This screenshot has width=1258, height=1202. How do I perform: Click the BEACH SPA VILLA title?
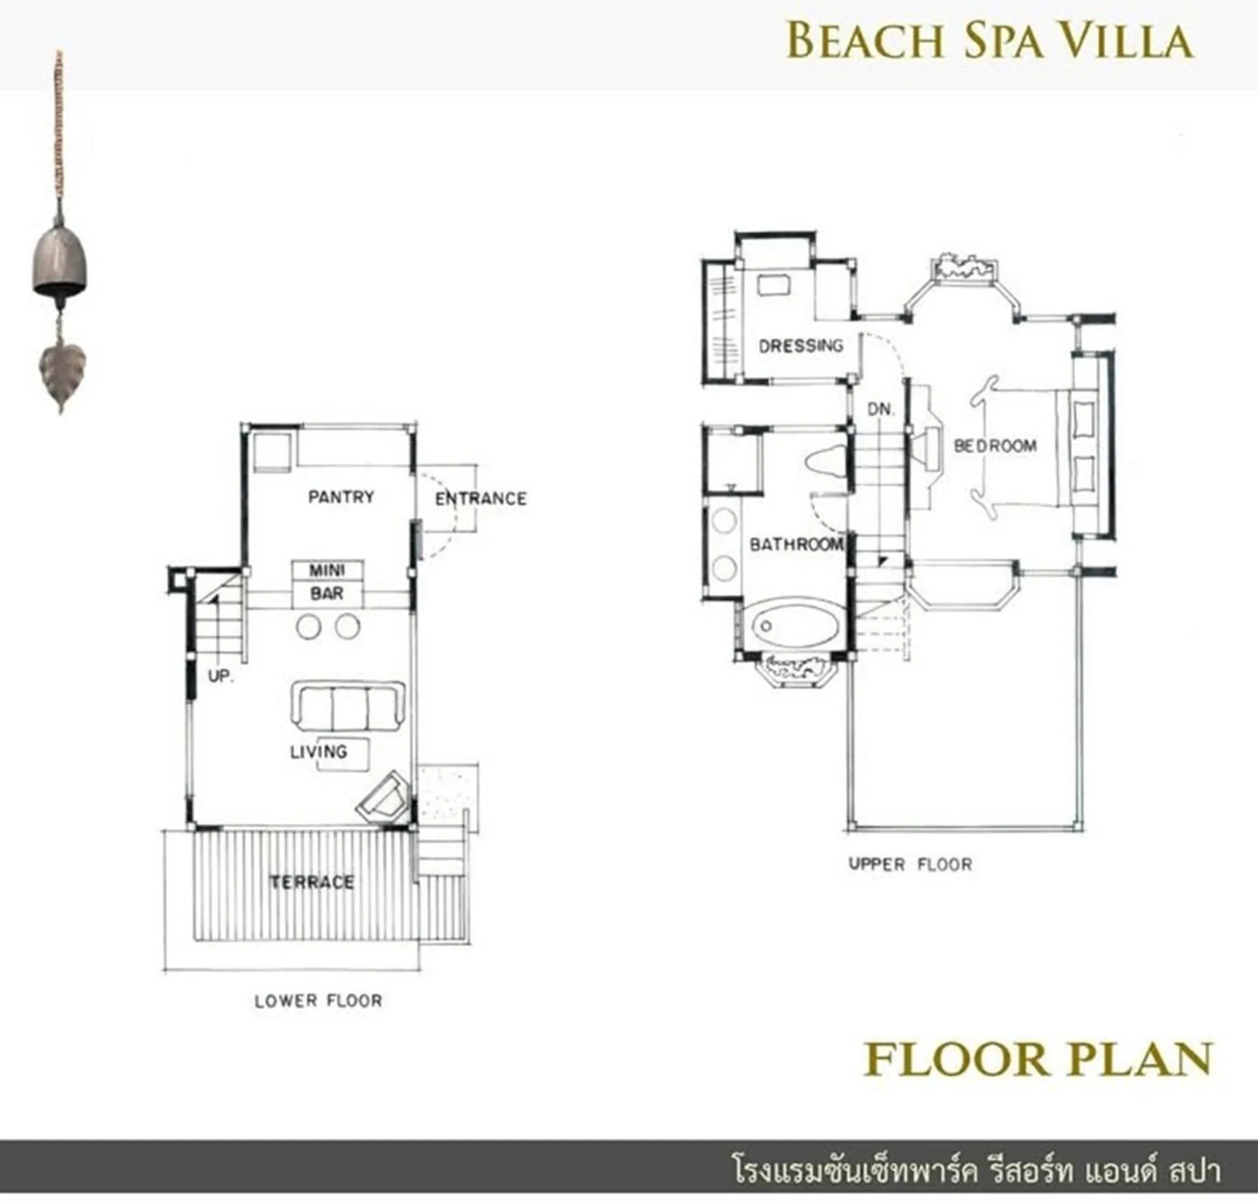(989, 40)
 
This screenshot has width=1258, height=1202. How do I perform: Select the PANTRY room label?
(341, 497)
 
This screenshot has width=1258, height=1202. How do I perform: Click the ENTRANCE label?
(481, 499)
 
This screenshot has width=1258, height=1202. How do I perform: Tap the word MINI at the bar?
(327, 571)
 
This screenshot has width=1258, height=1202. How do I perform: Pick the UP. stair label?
(220, 676)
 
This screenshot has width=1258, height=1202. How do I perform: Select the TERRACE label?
(312, 882)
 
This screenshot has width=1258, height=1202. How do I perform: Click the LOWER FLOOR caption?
(318, 1001)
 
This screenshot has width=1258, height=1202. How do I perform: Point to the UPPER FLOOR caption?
(910, 865)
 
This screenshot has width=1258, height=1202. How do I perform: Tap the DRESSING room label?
(800, 346)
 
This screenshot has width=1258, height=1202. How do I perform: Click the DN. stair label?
(881, 409)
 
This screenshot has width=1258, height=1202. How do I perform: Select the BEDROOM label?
(995, 446)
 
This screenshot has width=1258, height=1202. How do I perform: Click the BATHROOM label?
(797, 545)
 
